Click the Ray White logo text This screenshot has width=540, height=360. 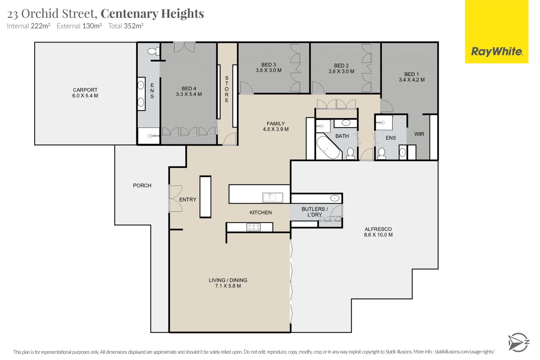tap(496, 52)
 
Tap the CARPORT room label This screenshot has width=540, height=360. tap(85, 90)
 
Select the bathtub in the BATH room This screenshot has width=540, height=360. tap(328, 147)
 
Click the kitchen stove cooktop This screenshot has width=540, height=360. tap(254, 227)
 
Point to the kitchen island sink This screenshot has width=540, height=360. tap(270, 198)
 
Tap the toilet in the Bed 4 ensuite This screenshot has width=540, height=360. tap(153, 51)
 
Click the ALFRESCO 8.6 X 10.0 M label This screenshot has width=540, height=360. tap(378, 232)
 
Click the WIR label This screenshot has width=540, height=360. tap(419, 134)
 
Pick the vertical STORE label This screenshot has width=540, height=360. tap(227, 89)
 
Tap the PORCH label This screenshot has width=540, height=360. tap(142, 186)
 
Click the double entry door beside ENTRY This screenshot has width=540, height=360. tap(175, 199)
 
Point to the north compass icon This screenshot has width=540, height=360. tap(518, 342)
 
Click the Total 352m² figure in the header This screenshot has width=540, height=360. tap(126, 26)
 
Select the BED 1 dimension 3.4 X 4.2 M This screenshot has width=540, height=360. tap(412, 80)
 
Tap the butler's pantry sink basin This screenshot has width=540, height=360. tap(335, 198)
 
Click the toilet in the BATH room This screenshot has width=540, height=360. tap(350, 153)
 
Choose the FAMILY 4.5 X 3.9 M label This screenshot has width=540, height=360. tap(276, 126)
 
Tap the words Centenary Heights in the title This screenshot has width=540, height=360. tap(152, 14)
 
